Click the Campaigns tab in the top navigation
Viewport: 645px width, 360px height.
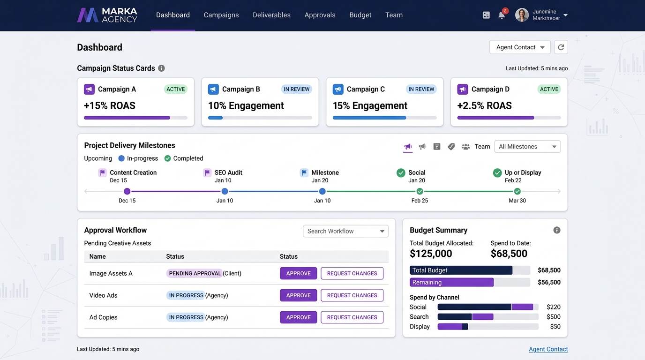221,15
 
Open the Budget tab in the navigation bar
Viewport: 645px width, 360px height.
360,15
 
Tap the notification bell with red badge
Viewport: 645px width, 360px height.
502,15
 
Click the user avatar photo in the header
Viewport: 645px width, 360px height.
522,15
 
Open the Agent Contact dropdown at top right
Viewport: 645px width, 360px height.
520,47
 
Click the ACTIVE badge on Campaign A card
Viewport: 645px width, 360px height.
176,89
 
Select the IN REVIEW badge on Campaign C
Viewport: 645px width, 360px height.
421,89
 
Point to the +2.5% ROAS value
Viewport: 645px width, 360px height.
484,105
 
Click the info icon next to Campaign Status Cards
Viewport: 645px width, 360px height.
161,68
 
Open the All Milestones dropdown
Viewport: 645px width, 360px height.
527,147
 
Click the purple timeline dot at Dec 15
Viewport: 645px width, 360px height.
127,191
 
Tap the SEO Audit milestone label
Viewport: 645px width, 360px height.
228,172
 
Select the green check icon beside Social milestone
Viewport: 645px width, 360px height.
401,173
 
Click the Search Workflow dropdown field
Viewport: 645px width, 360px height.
345,231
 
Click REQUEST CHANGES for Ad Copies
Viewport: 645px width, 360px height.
352,317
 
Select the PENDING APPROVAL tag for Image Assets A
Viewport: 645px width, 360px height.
195,273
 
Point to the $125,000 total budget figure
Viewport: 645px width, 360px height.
431,254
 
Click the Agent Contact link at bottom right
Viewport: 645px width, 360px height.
548,349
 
